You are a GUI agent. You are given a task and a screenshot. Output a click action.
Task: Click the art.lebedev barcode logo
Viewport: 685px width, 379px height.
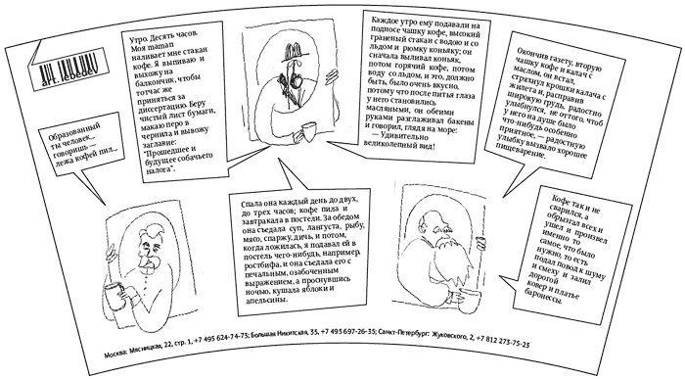point(68,70)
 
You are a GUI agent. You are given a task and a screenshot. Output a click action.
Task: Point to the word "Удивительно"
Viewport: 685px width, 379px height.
point(402,136)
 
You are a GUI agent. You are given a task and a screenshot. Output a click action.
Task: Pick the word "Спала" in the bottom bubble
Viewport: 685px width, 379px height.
point(251,205)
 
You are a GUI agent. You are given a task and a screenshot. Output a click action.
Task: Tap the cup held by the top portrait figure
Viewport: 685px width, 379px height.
point(310,132)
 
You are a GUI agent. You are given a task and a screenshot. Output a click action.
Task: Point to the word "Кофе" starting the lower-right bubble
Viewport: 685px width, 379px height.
point(560,200)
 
